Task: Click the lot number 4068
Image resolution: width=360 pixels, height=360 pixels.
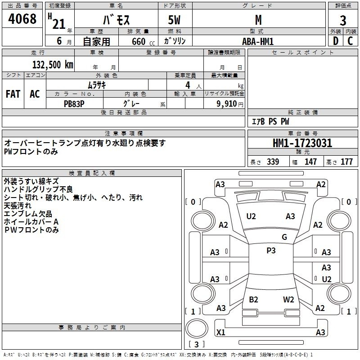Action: tap(22, 18)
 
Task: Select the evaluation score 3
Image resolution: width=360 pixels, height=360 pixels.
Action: tap(343, 20)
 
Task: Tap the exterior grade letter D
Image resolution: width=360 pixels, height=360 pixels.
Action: tap(336, 41)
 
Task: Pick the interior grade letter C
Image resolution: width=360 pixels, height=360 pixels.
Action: tap(350, 41)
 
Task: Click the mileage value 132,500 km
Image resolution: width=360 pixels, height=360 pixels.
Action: tap(53, 64)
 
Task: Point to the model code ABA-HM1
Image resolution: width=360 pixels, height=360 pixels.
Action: tap(258, 41)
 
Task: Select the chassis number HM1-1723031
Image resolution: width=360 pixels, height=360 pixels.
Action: tap(302, 143)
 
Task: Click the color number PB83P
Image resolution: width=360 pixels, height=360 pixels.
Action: tap(74, 104)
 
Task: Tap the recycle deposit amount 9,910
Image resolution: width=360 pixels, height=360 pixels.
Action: tap(226, 103)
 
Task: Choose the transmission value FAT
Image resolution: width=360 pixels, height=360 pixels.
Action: tap(13, 94)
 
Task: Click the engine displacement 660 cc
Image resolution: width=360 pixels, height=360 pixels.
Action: tap(143, 41)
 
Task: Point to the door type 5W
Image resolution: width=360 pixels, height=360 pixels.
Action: tap(174, 20)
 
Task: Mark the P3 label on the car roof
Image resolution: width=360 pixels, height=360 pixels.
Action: tap(271, 250)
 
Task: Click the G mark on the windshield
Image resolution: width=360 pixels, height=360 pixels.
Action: tap(284, 237)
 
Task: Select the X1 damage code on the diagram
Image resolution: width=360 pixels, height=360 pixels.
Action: tap(220, 332)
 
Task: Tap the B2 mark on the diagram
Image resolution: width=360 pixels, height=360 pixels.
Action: tap(253, 299)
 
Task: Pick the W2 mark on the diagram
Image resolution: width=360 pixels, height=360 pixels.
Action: tap(288, 299)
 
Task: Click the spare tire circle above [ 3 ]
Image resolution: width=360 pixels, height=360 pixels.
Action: tap(197, 328)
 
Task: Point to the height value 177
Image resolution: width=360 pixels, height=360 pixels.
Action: tap(346, 162)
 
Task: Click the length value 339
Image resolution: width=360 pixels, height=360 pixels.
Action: tap(273, 162)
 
